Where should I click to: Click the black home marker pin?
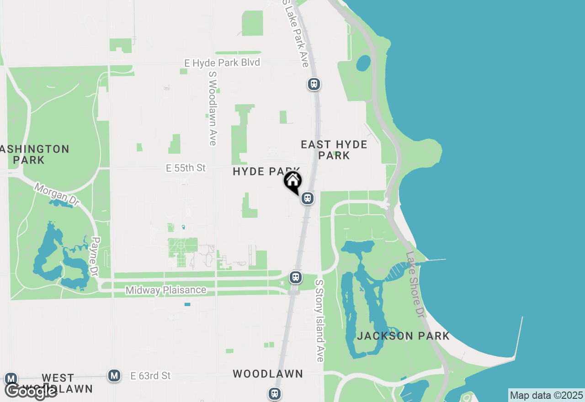coord(292,181)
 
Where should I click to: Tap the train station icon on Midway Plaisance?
coord(296,277)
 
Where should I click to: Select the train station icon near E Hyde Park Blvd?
coord(314,84)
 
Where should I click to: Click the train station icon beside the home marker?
coord(308,198)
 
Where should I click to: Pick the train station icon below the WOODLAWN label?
coord(274,393)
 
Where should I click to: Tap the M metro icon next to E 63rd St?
coord(114,376)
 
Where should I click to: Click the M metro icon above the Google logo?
coord(11,378)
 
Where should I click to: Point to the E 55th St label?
coord(186,168)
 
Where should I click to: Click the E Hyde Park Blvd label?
coord(222,63)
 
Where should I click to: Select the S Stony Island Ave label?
coord(319,321)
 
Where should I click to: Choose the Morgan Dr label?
coord(57,195)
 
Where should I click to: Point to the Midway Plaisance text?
coord(166,290)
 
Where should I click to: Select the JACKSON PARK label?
coord(403,336)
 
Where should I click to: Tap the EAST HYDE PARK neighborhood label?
coord(334,150)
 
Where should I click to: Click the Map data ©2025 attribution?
coord(546,395)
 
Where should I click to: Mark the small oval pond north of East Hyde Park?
coord(363,63)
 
